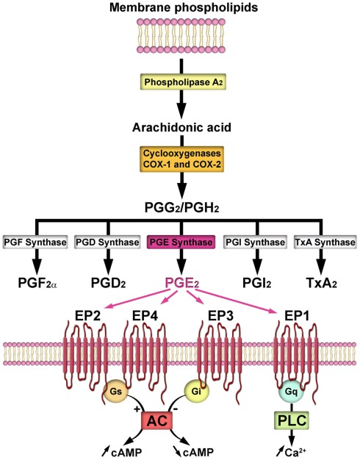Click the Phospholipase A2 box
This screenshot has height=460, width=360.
click(x=183, y=82)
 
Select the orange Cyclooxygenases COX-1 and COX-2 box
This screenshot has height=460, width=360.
click(x=182, y=159)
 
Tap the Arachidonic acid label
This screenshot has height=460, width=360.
click(x=182, y=128)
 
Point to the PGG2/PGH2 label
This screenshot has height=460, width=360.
click(x=182, y=208)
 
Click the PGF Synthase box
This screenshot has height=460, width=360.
click(x=35, y=242)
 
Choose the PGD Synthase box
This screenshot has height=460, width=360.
click(x=107, y=242)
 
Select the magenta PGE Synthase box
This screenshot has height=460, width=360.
click(x=181, y=242)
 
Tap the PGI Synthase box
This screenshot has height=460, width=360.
click(x=255, y=242)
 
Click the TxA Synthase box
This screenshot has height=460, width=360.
click(x=325, y=242)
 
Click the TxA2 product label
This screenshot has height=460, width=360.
click(x=321, y=283)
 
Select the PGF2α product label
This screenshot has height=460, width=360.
click(x=37, y=283)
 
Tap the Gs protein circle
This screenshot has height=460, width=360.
click(x=115, y=392)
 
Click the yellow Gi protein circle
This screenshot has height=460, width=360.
click(x=196, y=392)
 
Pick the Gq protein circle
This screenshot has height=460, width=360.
click(x=292, y=392)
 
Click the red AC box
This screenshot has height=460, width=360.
click(x=156, y=421)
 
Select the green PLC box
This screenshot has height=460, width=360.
click(x=292, y=420)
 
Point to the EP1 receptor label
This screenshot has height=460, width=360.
click(x=297, y=316)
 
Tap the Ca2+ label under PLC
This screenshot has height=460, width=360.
click(x=292, y=452)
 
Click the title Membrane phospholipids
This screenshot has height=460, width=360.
click(x=184, y=7)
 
